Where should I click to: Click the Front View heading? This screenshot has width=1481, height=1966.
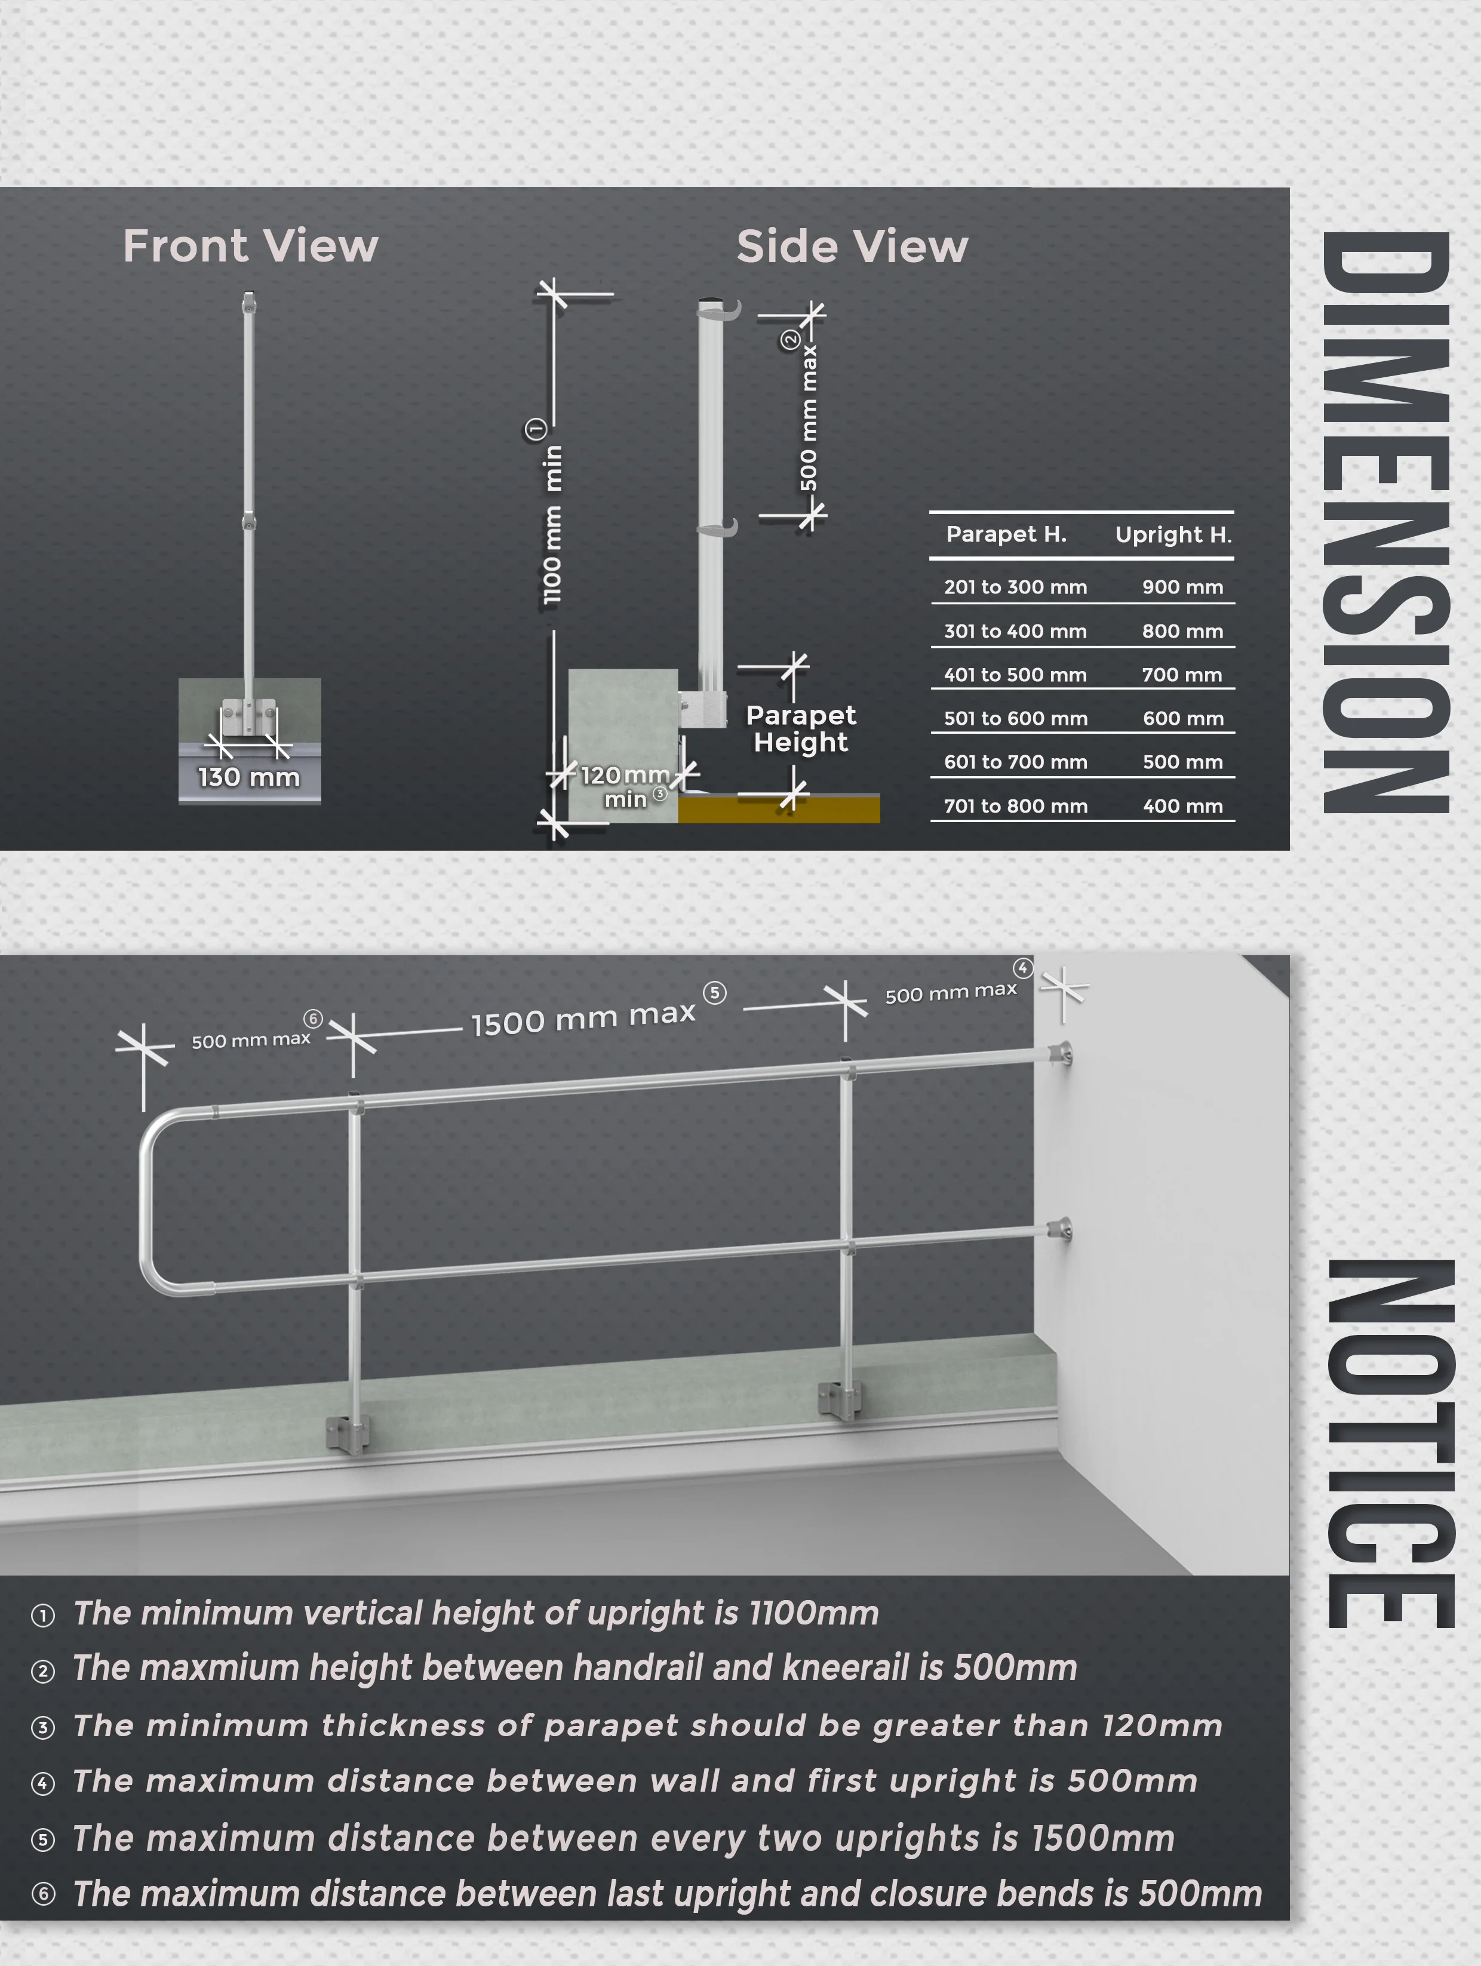(x=251, y=246)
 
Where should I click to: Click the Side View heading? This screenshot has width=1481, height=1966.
(x=852, y=246)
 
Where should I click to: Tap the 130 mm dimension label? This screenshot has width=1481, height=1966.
(x=249, y=777)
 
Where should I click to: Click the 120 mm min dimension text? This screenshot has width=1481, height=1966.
(x=625, y=786)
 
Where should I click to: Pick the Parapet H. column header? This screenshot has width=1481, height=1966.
(x=1006, y=534)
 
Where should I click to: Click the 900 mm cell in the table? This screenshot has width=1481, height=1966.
(x=1182, y=587)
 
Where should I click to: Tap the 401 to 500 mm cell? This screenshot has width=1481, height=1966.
(x=1015, y=675)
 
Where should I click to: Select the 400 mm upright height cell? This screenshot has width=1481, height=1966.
(x=1182, y=806)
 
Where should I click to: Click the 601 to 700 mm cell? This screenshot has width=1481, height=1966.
(x=1015, y=762)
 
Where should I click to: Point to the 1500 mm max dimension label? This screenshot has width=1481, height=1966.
(x=583, y=1019)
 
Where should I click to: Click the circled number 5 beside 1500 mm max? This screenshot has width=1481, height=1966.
(x=715, y=993)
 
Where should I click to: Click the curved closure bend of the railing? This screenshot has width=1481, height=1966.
(x=151, y=1200)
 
